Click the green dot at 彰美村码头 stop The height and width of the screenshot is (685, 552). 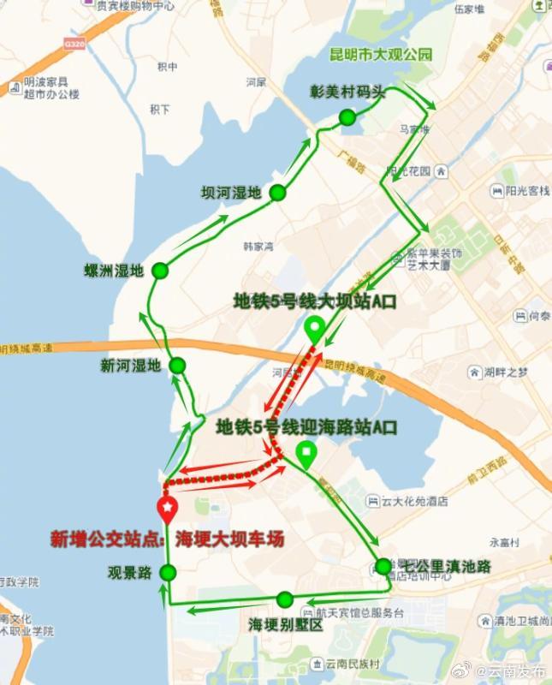click(347, 117)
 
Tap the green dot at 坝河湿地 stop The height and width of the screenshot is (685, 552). click(276, 193)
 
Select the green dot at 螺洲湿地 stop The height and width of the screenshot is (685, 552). click(160, 272)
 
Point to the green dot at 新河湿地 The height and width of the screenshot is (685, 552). click(177, 366)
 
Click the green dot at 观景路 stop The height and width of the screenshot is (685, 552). click(168, 572)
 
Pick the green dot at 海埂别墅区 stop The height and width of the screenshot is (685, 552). click(285, 599)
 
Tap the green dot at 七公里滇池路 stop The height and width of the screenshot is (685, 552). click(383, 566)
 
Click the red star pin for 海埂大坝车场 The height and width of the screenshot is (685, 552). click(168, 510)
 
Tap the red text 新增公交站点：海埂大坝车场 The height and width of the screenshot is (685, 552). click(167, 539)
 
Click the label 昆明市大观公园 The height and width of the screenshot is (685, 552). click(381, 55)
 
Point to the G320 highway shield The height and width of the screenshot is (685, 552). click(75, 44)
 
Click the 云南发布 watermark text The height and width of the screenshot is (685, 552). click(514, 671)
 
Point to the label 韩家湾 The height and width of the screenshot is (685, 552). click(258, 246)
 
